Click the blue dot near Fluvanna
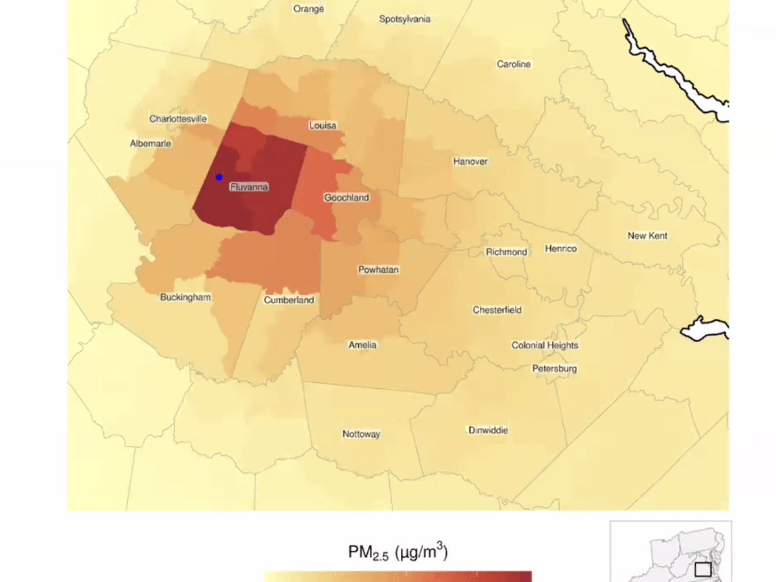219,177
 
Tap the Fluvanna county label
249,188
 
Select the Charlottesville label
178,119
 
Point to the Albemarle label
151,144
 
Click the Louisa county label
323,125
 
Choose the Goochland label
347,197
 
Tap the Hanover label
470,161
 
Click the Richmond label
506,252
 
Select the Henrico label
561,248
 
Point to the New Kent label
647,235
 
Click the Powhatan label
379,270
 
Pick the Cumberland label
289,300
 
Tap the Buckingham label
186,297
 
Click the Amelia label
362,345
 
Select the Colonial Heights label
545,345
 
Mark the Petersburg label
555,369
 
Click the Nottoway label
361,434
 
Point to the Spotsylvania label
405,19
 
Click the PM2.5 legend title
398,554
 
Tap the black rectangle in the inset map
703,570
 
